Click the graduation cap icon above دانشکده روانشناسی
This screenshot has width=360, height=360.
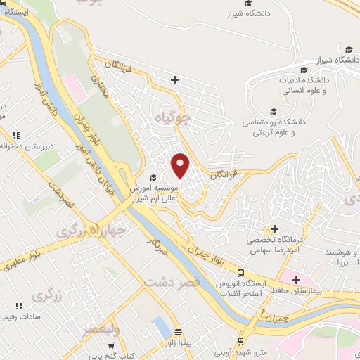click(x=274, y=110)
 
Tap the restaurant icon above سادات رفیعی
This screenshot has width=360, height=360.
click(x=18, y=306)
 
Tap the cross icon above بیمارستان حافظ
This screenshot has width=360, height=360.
click(x=297, y=280)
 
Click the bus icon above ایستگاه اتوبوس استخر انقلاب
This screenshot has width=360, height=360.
click(x=241, y=273)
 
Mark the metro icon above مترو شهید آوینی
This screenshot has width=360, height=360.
click(x=241, y=341)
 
